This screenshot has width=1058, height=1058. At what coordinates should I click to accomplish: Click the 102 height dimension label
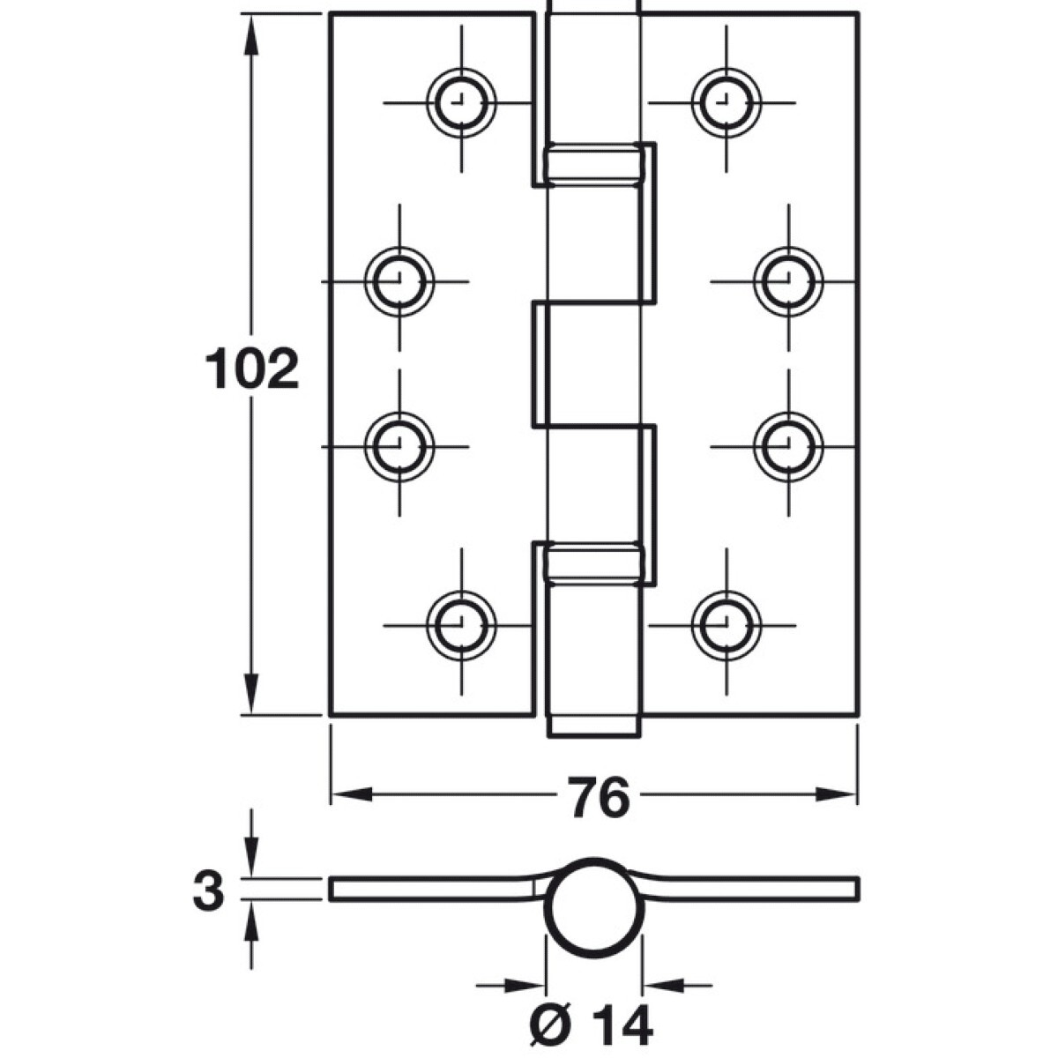252,369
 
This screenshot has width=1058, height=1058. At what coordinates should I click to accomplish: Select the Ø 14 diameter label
592,1024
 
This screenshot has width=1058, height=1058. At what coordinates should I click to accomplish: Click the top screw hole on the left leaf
461,102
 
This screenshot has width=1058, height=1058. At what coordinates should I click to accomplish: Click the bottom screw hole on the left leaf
461,625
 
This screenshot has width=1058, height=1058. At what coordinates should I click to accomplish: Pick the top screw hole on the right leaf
726,102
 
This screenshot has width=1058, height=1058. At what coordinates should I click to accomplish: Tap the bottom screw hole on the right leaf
726,625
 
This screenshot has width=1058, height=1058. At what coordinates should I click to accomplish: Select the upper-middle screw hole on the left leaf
399,281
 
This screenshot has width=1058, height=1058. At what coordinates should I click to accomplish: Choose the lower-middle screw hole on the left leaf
399,447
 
